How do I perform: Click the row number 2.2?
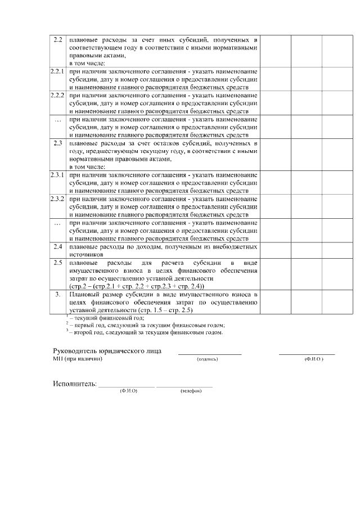pos(57,40)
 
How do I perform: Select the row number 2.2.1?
pos(57,71)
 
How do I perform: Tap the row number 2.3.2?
pos(57,199)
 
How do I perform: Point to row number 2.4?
pos(57,247)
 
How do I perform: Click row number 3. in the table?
pos(57,294)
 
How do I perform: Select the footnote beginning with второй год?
pos(146,332)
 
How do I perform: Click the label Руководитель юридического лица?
pos(107,351)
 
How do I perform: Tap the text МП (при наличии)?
pos(78,359)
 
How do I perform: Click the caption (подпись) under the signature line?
pos(207,359)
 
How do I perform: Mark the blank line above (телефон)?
pos(184,386)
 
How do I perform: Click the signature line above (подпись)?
pos(209,354)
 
